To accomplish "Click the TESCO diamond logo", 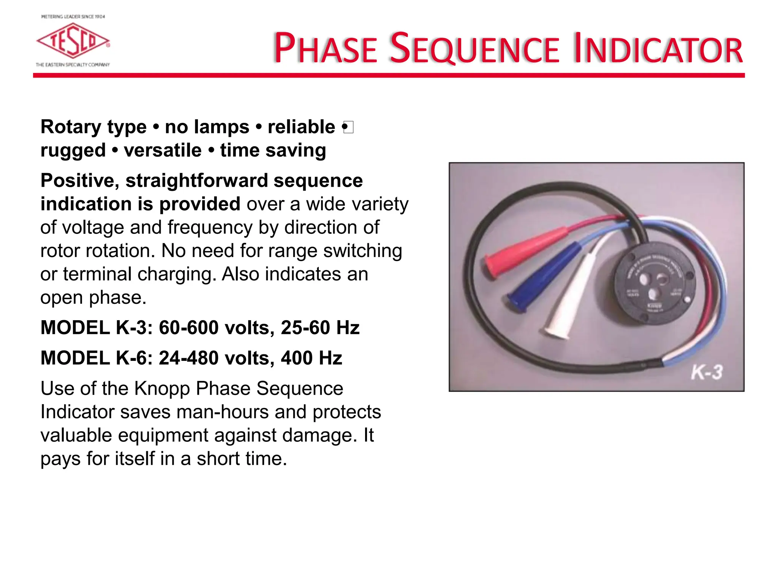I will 73,41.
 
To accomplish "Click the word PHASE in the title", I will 325,49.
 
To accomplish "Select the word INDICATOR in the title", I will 658,49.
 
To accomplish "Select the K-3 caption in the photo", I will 707,372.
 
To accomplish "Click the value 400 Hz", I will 312,358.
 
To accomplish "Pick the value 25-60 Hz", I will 320,328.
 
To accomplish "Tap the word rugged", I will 73,151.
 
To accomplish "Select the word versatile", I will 163,151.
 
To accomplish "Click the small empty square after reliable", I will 349,127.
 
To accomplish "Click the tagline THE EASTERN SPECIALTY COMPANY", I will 73,65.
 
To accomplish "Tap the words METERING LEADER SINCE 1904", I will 73,17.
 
